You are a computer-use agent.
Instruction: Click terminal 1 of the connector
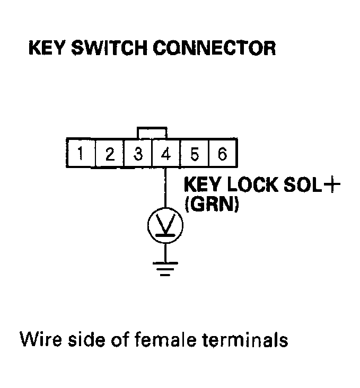(81, 154)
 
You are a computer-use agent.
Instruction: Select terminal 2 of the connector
(109, 154)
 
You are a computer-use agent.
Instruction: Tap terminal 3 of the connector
(138, 154)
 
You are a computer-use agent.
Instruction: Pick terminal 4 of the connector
(166, 154)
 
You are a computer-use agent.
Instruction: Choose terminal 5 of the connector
(194, 154)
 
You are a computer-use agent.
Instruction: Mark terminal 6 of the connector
(222, 154)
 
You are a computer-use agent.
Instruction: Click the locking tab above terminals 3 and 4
(152, 131)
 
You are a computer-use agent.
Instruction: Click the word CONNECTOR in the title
(214, 49)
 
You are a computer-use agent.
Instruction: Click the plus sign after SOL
(332, 186)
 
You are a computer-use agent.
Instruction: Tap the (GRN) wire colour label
(211, 205)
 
